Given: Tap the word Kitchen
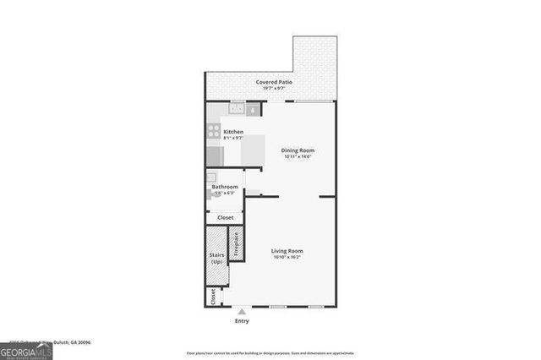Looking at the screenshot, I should click(233, 131).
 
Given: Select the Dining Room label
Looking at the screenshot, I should click(298, 150).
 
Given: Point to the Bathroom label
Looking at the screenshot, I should click(225, 188).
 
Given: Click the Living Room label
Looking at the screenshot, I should click(287, 251).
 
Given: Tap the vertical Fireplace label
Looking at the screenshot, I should click(238, 245).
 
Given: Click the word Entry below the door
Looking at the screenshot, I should click(243, 320).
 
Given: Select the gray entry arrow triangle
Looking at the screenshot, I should click(243, 311).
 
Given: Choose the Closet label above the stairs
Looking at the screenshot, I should click(226, 217).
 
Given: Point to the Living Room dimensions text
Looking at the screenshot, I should click(287, 258).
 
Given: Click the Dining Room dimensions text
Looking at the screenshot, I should click(298, 157).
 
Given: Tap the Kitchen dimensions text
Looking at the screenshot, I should click(233, 138).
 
